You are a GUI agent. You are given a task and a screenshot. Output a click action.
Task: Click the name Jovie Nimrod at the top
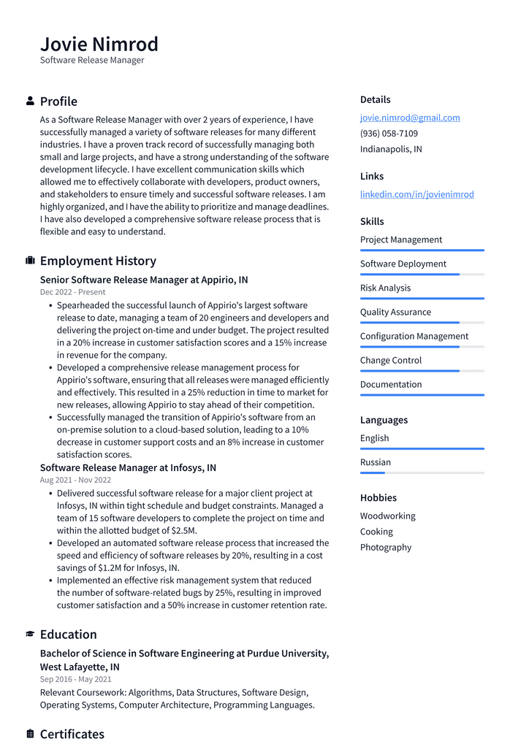(99, 44)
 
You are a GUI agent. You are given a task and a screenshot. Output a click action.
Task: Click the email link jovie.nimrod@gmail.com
(409, 118)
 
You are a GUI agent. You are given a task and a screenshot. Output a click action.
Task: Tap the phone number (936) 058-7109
(389, 134)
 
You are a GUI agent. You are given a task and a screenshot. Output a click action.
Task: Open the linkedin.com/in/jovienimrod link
(416, 194)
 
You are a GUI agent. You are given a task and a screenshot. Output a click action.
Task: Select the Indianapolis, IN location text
(390, 149)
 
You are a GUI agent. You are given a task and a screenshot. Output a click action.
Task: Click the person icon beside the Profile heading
(30, 101)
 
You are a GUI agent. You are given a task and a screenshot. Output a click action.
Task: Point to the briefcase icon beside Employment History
(30, 261)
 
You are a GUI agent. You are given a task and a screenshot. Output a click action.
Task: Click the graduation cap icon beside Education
(30, 635)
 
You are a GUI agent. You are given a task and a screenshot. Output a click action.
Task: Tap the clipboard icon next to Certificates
(30, 734)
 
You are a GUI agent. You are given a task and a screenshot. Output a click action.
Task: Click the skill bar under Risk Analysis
(422, 299)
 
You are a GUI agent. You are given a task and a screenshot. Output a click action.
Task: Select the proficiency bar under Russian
(422, 473)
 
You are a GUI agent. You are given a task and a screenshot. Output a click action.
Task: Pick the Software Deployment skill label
(403, 264)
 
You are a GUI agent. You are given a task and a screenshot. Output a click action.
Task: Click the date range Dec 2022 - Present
(72, 292)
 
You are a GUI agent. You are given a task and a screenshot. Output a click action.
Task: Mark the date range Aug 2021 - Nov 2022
(75, 480)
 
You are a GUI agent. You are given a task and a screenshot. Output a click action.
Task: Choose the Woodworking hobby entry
(387, 516)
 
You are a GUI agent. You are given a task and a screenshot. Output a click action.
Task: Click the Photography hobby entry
(385, 548)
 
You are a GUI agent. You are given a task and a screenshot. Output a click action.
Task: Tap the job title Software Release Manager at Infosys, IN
(128, 467)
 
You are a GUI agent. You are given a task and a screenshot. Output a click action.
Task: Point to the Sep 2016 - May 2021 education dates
(75, 679)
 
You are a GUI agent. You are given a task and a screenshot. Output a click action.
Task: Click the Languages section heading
(384, 420)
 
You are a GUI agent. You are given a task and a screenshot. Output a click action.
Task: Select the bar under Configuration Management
(422, 347)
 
